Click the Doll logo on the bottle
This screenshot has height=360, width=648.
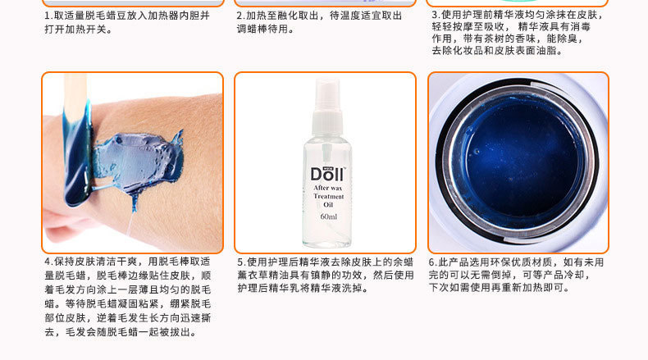pyautogui.click(x=328, y=174)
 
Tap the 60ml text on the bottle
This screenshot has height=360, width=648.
pyautogui.click(x=329, y=216)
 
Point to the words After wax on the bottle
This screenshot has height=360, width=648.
pyautogui.click(x=328, y=188)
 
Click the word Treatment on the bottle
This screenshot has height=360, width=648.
pyautogui.click(x=329, y=196)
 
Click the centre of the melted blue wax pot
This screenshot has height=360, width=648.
pyautogui.click(x=522, y=161)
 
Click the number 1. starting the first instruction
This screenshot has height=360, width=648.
pyautogui.click(x=48, y=16)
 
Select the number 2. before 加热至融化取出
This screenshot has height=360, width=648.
pyautogui.click(x=241, y=16)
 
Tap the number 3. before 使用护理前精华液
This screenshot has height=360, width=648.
pyautogui.click(x=436, y=15)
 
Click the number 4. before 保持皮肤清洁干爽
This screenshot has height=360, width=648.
pyautogui.click(x=48, y=262)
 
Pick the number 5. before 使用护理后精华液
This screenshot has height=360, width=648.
pyautogui.click(x=242, y=262)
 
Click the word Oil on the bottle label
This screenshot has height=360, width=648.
pyautogui.click(x=328, y=205)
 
